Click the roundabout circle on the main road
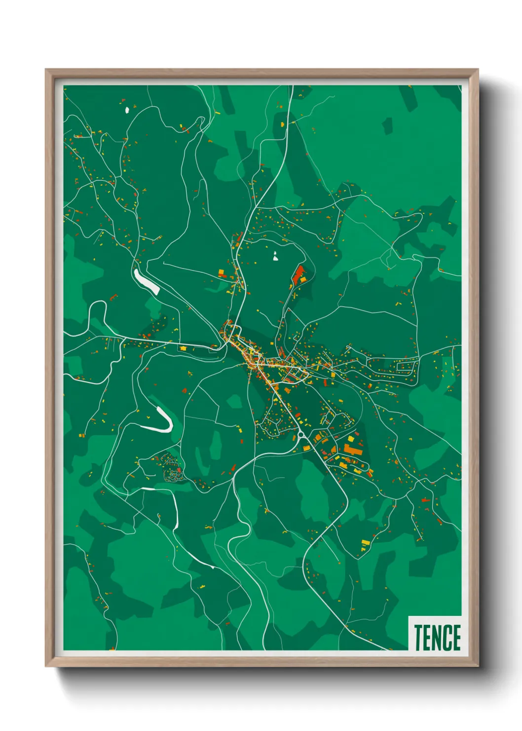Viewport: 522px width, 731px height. [x=300, y=435]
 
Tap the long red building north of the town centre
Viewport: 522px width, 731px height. [x=298, y=274]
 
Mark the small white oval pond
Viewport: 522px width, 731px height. [x=127, y=110]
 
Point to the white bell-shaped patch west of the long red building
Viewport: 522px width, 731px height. [x=275, y=256]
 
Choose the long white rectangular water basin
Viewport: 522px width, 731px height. [x=147, y=282]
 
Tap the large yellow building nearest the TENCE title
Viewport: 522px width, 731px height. [x=366, y=543]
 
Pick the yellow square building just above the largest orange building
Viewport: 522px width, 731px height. [x=351, y=439]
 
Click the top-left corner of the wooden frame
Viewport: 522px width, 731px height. [x=46, y=70]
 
